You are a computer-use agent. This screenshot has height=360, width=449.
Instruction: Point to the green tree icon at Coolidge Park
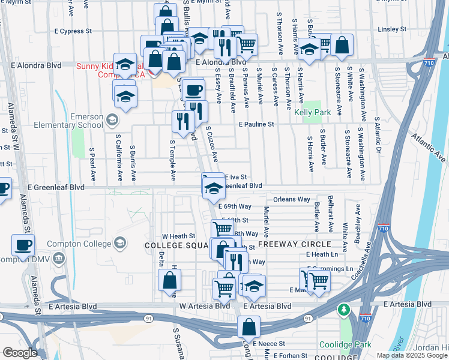tap(343, 310)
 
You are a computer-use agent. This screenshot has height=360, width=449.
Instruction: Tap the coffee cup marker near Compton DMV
tap(23, 245)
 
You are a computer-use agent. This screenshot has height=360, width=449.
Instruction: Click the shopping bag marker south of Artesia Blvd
tap(249, 328)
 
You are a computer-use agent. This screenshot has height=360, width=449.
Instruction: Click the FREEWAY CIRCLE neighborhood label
tap(294, 244)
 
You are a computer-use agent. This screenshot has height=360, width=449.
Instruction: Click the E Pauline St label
tap(256, 125)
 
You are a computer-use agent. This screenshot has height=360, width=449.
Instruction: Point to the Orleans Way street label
tap(291, 199)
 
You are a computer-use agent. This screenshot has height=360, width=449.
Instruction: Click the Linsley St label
tap(394, 29)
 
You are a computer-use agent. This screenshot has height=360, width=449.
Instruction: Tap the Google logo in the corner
tap(19, 353)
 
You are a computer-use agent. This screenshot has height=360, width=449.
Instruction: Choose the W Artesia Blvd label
tap(205, 306)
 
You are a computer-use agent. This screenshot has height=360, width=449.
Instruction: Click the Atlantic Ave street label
tap(430, 148)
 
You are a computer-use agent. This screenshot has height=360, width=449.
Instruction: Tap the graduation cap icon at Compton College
tap(120, 243)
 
